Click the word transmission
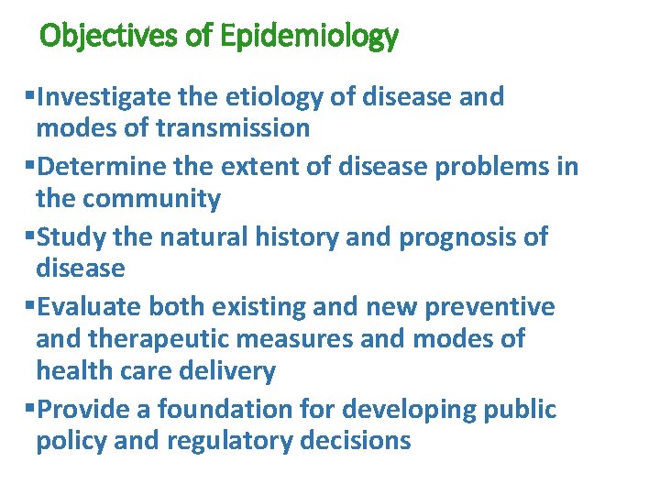click(233, 128)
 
